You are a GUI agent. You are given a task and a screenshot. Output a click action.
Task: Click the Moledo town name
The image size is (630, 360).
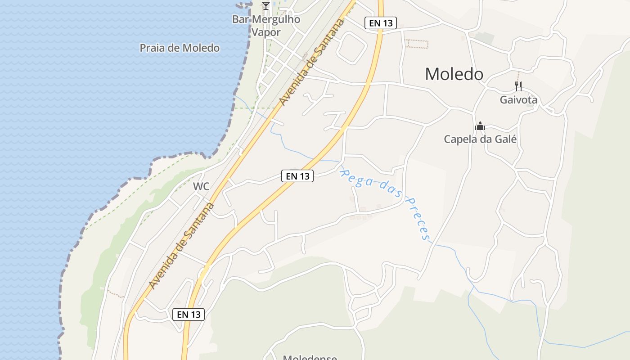(454, 74)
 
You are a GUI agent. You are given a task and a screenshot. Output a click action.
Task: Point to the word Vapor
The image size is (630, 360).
(266, 32)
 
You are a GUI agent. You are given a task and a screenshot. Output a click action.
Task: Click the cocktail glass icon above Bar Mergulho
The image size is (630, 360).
(266, 6)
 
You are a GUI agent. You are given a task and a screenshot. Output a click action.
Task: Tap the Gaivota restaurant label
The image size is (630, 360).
(518, 100)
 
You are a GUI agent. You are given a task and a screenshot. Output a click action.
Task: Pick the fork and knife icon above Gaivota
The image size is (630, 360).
(518, 86)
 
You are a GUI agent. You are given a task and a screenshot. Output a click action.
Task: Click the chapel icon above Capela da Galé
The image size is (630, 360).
(480, 126)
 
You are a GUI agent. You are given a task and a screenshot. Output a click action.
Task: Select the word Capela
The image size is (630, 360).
(460, 139)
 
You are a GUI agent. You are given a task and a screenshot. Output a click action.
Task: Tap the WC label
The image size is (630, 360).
(201, 186)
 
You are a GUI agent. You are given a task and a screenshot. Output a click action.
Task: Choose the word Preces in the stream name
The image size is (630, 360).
(417, 218)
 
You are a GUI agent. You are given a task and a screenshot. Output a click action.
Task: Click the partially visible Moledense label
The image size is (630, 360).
(310, 357)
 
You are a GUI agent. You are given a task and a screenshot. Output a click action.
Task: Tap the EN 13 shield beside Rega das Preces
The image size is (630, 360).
(297, 176)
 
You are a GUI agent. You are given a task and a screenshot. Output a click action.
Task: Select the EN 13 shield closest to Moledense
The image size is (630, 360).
(189, 315)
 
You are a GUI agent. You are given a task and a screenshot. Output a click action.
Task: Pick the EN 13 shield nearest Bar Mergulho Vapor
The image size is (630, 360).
(380, 23)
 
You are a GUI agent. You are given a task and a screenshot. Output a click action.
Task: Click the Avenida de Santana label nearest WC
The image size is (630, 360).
(181, 246)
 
